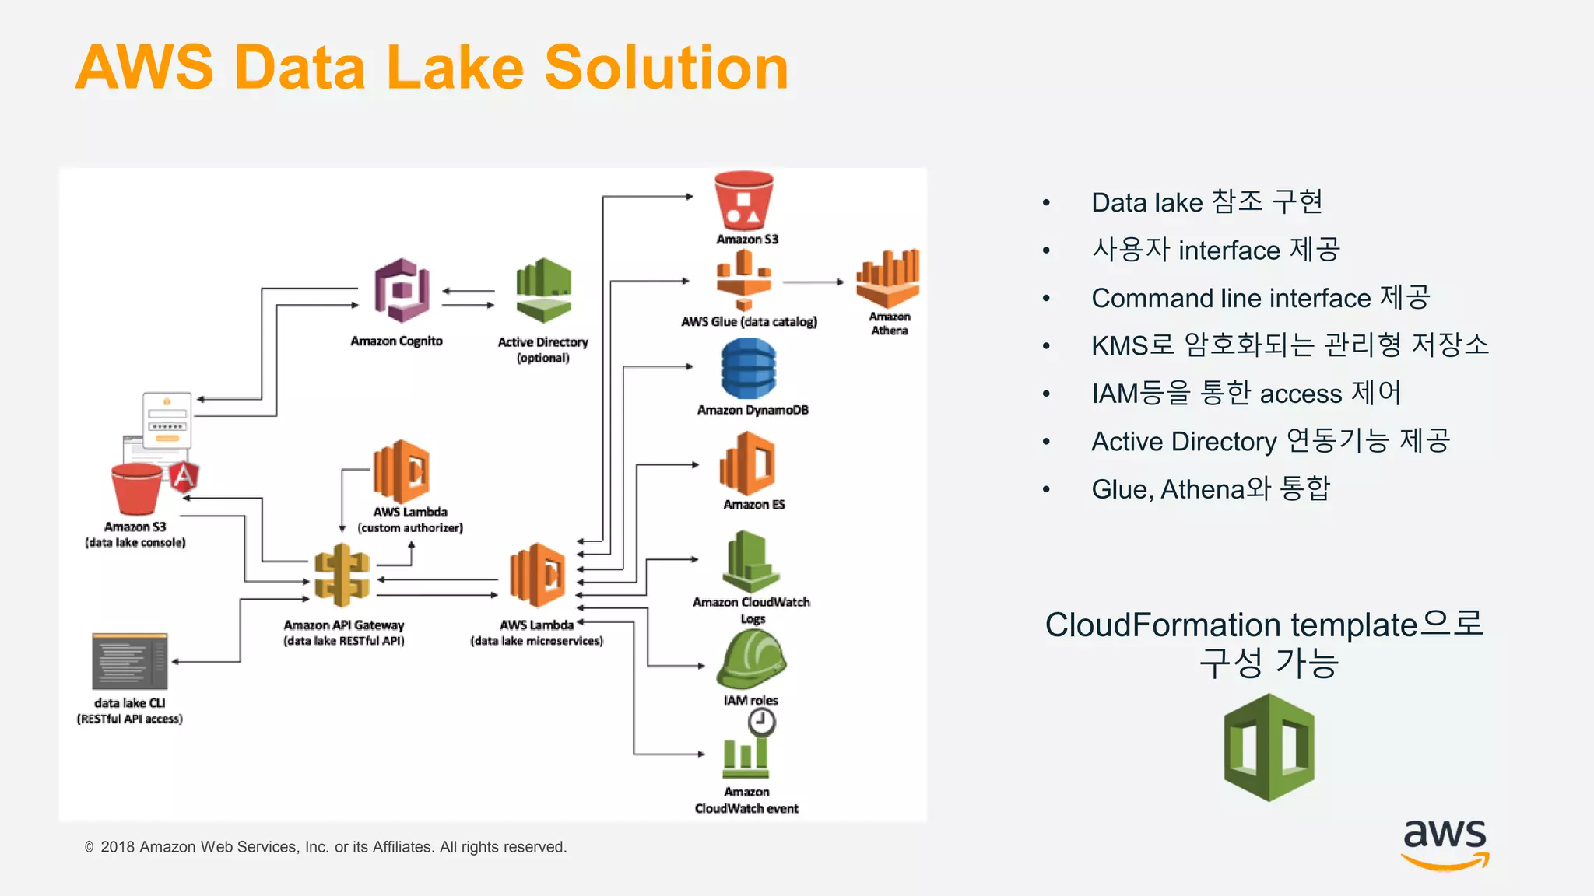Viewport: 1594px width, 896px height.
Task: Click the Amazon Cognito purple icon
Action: click(x=402, y=290)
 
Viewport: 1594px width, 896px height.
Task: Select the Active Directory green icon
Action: click(x=543, y=289)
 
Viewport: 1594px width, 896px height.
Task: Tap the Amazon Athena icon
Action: click(x=888, y=278)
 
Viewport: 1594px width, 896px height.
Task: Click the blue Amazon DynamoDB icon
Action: click(x=749, y=369)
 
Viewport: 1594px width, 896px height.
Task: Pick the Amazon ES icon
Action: click(x=748, y=464)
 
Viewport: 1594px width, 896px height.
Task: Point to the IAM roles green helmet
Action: click(x=751, y=659)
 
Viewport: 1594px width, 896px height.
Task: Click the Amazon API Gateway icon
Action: click(x=342, y=576)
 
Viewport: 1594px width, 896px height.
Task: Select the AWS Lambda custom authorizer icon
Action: click(x=402, y=471)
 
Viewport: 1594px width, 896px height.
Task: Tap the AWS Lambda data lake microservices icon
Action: click(x=538, y=576)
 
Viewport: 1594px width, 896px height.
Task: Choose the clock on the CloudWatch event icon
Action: click(x=761, y=723)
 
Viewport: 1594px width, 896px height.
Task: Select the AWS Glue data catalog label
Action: click(x=749, y=322)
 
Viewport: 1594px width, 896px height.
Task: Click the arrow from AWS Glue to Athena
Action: click(x=813, y=282)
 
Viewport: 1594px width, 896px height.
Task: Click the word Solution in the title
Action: click(x=666, y=68)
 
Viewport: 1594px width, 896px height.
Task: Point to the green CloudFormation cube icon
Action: click(x=1269, y=747)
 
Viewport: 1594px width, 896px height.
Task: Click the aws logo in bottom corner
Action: click(x=1445, y=843)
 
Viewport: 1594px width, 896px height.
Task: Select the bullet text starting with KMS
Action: click(x=1290, y=345)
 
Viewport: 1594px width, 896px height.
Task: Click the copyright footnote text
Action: click(x=325, y=847)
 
